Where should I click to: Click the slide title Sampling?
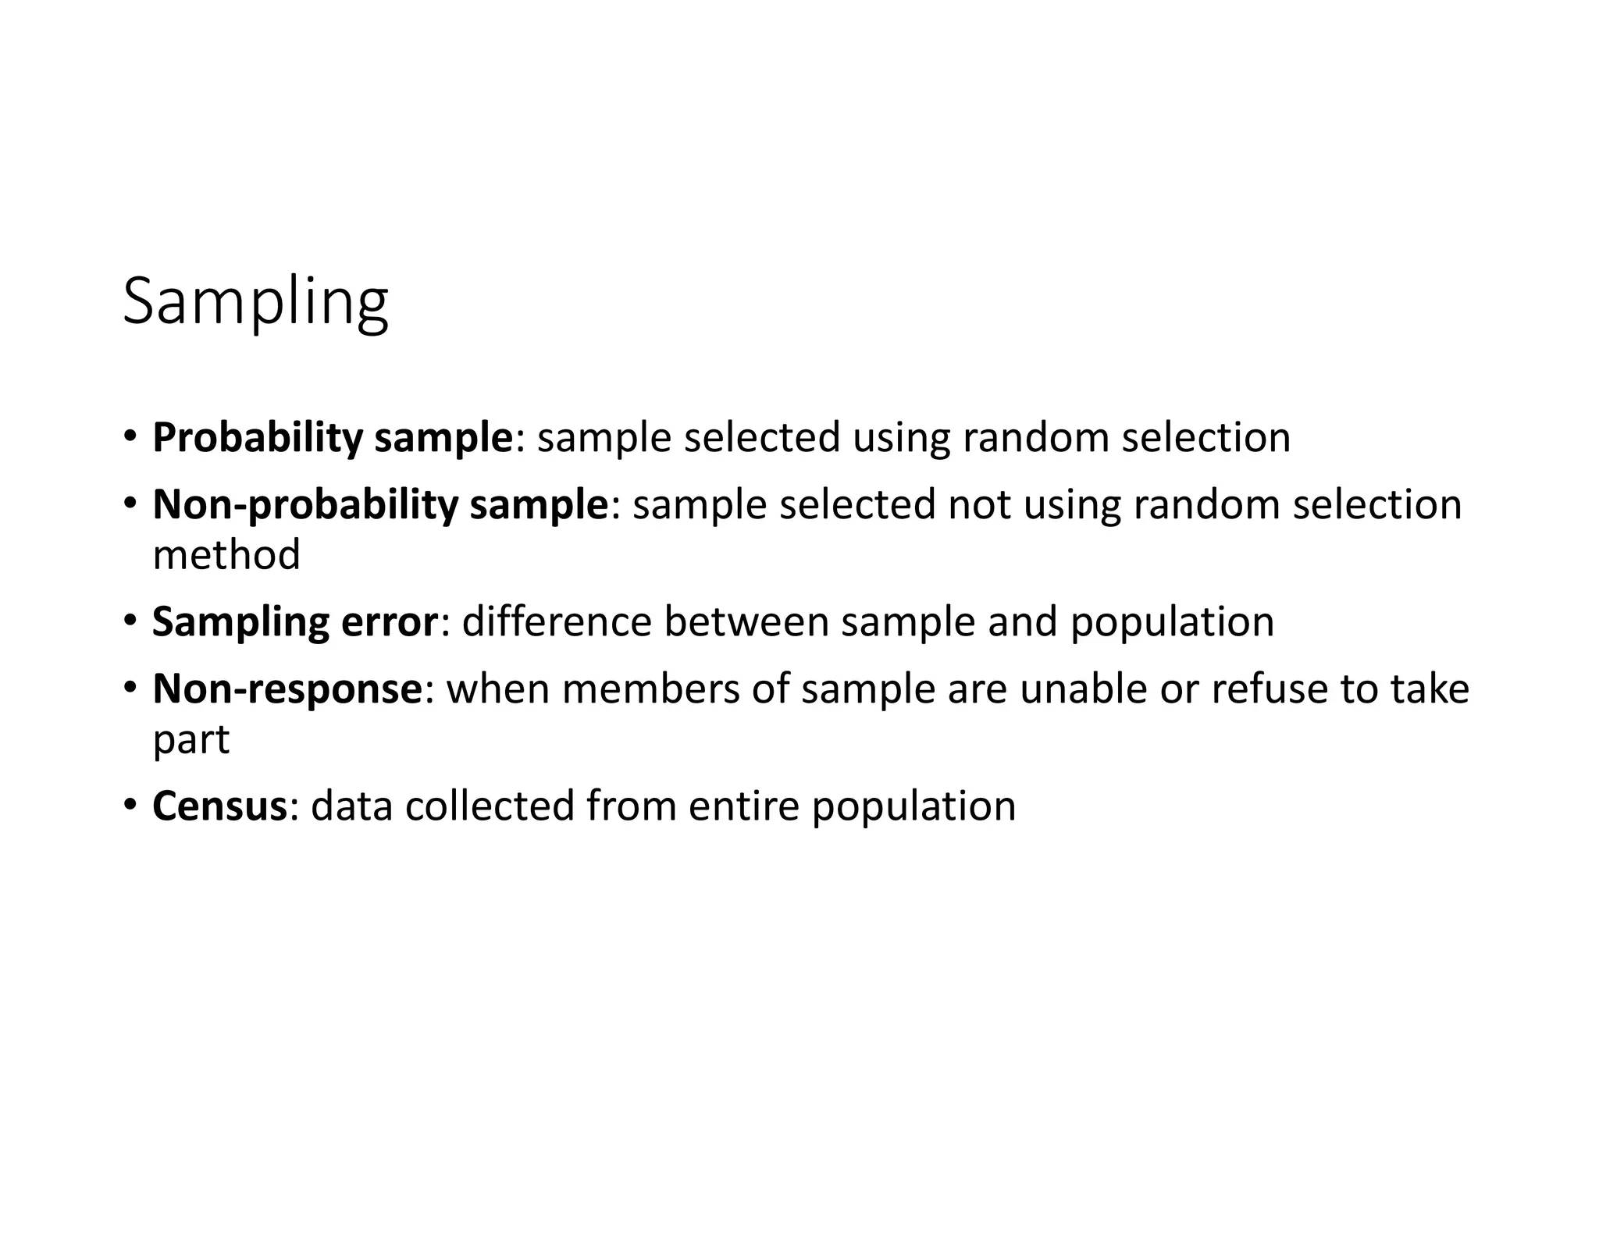coord(255,303)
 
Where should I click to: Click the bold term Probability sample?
coord(332,437)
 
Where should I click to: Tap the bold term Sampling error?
coord(295,621)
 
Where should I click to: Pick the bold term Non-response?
coord(287,689)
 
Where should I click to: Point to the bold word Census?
coord(220,806)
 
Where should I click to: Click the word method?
coord(226,554)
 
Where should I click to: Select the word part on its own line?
coord(191,740)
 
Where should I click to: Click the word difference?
coord(557,621)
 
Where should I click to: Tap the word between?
coord(746,621)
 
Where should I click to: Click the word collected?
coord(490,806)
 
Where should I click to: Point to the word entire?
coord(744,806)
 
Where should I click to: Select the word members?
coord(650,689)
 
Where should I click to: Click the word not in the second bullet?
coord(979,504)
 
